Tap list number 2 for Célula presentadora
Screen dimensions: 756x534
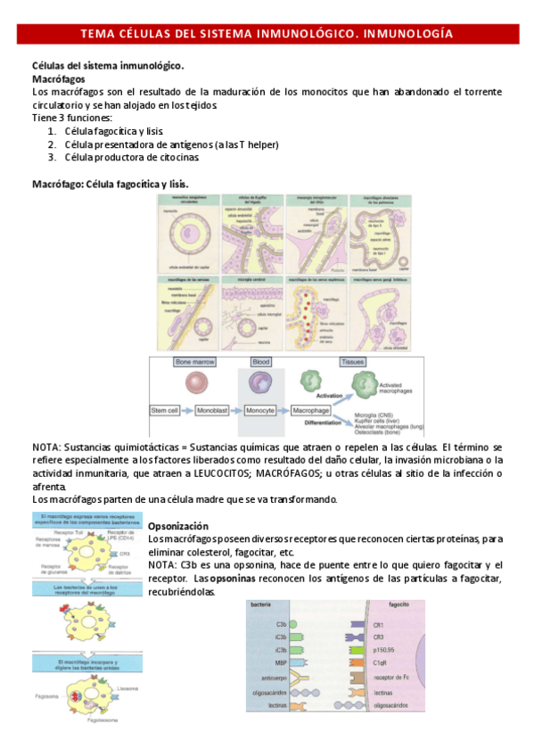tap(53, 144)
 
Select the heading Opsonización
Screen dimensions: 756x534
tap(177, 527)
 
